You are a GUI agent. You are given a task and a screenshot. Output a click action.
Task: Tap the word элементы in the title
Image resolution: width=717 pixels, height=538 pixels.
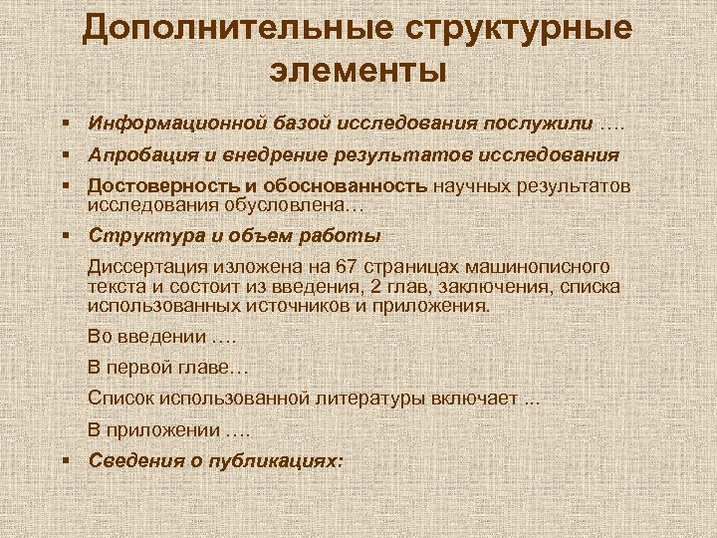358,71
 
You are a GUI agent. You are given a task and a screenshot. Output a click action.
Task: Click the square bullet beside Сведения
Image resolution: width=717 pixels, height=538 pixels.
64,460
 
